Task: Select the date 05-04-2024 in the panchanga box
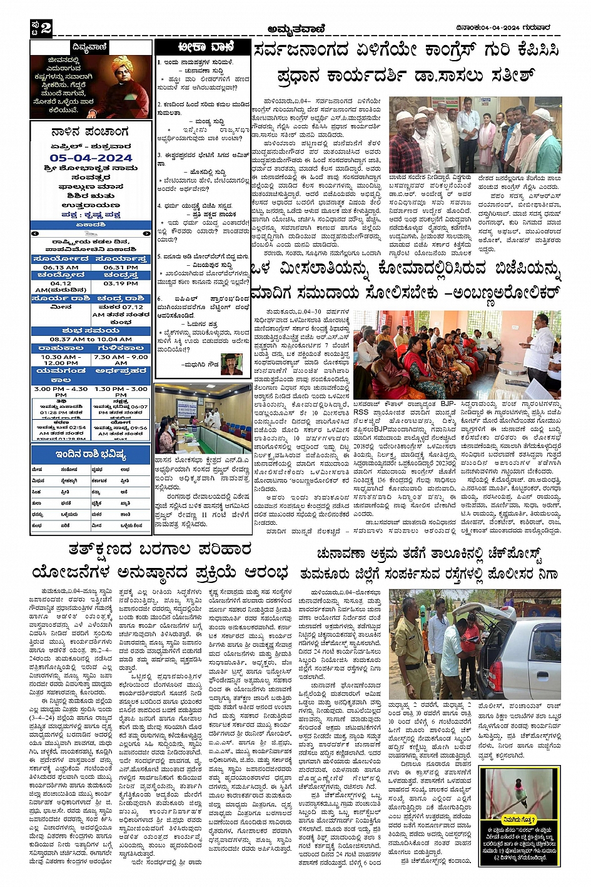click(91, 158)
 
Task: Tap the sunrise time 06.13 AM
click(61, 267)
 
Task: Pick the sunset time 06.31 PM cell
click(121, 267)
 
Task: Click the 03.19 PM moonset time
click(121, 283)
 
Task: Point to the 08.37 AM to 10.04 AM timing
click(91, 339)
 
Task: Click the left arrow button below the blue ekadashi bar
click(35, 233)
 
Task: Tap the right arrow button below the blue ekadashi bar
click(146, 233)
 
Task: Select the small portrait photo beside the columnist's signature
click(231, 363)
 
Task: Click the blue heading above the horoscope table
click(91, 454)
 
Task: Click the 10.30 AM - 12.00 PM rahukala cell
click(61, 359)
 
